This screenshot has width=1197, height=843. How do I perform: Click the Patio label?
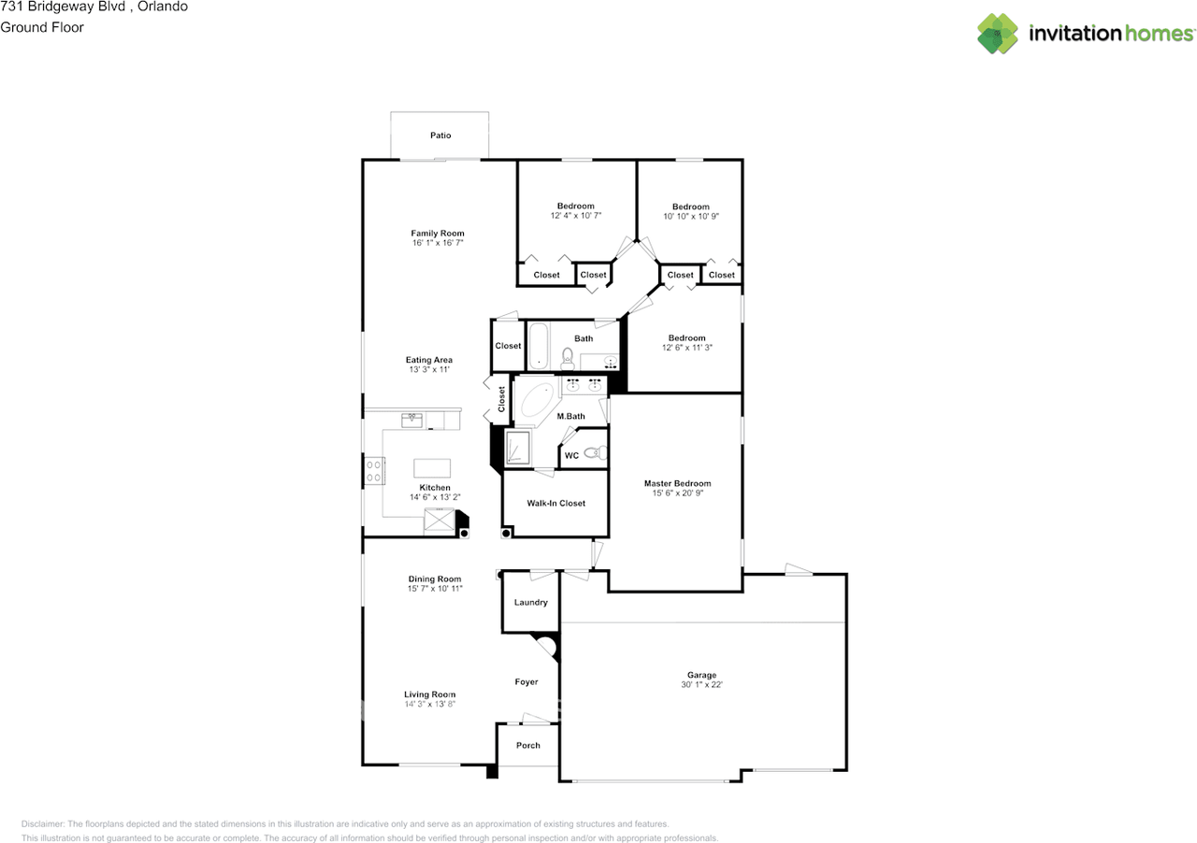pos(440,136)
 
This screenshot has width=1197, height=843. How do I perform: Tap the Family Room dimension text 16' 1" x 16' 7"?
pos(437,242)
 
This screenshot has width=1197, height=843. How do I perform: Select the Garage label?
pos(701,675)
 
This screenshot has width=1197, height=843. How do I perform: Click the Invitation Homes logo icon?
pos(998,34)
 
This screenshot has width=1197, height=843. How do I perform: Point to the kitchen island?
pos(431,467)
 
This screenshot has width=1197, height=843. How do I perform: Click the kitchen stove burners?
pos(374,470)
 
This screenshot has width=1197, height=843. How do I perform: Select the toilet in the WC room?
pos(593,454)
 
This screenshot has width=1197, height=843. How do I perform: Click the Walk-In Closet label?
pos(555,503)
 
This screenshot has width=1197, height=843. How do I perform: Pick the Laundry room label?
pos(530,603)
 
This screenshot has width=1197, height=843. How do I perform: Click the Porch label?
pos(528,745)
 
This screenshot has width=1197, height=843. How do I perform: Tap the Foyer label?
pos(526,682)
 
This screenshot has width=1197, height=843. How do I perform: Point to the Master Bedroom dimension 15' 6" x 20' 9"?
pos(677,493)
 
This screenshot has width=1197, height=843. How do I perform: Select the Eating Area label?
pos(429,360)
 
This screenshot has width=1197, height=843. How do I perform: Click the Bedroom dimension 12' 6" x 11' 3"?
pos(685,347)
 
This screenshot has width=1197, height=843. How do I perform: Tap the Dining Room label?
pos(435,579)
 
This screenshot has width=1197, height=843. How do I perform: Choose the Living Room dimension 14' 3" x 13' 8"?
pos(429,704)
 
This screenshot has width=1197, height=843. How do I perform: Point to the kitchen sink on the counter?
pos(411,420)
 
